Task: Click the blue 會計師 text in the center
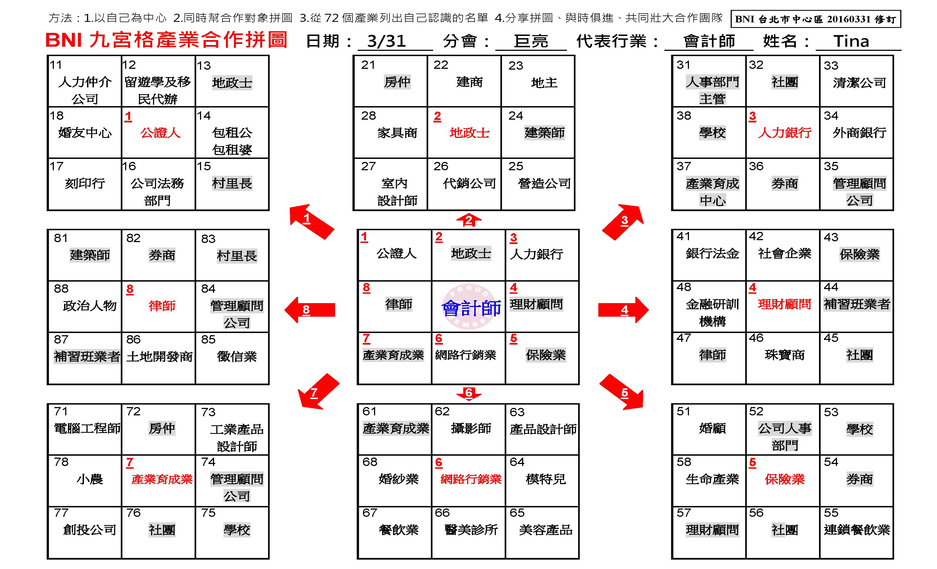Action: pyautogui.click(x=471, y=308)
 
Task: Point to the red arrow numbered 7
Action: pyautogui.click(x=317, y=392)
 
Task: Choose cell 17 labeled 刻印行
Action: pyautogui.click(x=85, y=184)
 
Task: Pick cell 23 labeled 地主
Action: pyautogui.click(x=544, y=83)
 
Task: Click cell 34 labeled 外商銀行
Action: pyautogui.click(x=859, y=133)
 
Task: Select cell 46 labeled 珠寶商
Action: pyautogui.click(x=785, y=355)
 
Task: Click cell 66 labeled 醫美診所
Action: pyautogui.click(x=471, y=530)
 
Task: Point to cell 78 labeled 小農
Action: pyautogui.click(x=90, y=479)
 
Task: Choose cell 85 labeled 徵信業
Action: pyautogui.click(x=236, y=357)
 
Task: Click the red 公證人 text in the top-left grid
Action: pyautogui.click(x=160, y=133)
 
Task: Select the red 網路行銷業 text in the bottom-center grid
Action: pyautogui.click(x=471, y=479)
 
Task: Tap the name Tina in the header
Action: pyautogui.click(x=851, y=41)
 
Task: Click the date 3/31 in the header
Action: pyautogui.click(x=386, y=41)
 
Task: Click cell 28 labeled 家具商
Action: pyautogui.click(x=397, y=133)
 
